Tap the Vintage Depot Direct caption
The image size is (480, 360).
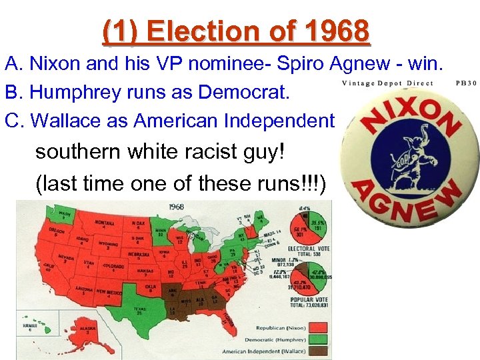coord(387,83)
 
